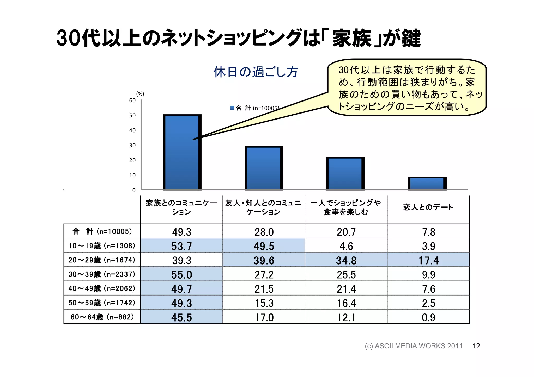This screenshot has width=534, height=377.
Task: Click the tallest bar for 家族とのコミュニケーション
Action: [x=182, y=152]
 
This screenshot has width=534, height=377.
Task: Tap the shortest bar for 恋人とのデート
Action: [x=427, y=183]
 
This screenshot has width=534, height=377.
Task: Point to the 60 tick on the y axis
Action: [x=132, y=100]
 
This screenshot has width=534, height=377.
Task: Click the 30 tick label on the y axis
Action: [x=132, y=145]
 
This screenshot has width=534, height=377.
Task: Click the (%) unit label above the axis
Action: [x=140, y=94]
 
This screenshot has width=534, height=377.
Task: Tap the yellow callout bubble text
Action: [x=407, y=88]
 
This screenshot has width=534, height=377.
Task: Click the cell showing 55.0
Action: [x=181, y=275]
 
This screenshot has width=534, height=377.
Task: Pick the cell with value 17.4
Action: [x=428, y=260]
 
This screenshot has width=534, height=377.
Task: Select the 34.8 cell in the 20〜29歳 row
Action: [x=346, y=260]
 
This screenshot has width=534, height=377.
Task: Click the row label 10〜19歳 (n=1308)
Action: [x=102, y=246]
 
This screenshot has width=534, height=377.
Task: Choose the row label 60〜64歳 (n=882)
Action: [x=102, y=317]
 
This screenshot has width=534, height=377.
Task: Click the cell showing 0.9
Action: [x=428, y=317]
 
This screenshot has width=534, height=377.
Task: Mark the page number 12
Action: [x=476, y=346]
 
